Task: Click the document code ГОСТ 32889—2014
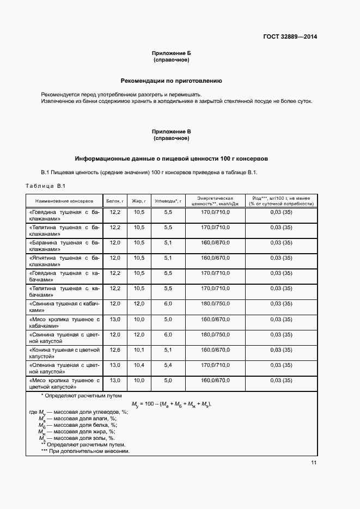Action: [290, 38]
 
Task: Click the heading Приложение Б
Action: [171, 53]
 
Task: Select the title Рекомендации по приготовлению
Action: [171, 81]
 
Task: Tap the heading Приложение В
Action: [171, 132]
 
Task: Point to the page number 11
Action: [314, 463]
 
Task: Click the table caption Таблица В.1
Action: [46, 186]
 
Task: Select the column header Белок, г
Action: [115, 200]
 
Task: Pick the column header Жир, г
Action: [138, 200]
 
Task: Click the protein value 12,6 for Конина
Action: [115, 349]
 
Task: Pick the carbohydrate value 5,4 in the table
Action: [168, 365]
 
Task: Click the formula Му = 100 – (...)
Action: [171, 404]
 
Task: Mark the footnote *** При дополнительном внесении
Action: [85, 451]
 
